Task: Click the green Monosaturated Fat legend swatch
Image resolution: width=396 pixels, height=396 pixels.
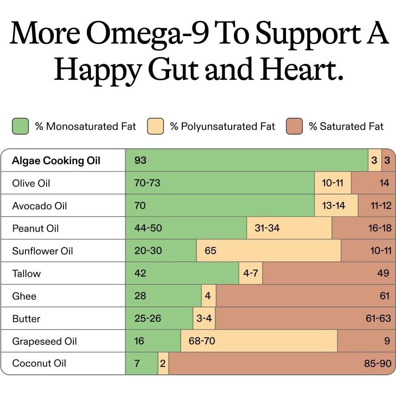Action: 20,126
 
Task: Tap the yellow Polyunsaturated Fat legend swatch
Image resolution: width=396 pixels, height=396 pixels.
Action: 155,126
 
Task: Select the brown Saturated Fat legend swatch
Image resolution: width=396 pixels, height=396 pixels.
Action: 294,126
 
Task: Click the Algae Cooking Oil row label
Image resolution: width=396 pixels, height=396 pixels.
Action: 56,161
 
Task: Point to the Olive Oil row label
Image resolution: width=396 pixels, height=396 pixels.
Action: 31,183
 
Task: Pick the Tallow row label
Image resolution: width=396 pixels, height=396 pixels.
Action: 26,273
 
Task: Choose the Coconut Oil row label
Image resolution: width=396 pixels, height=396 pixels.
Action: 39,363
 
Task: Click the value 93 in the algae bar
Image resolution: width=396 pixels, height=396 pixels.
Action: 141,161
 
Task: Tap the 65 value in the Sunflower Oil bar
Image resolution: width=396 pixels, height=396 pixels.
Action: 211,251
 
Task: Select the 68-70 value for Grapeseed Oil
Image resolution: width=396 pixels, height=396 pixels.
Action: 202,341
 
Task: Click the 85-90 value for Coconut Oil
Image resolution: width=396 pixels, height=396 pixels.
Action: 377,364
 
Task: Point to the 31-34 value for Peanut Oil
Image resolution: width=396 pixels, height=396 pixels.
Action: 267,228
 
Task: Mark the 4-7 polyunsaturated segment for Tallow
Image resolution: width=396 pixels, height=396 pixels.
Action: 251,273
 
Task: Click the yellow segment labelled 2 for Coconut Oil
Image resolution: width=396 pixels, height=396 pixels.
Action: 163,364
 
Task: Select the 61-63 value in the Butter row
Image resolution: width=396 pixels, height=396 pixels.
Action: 378,319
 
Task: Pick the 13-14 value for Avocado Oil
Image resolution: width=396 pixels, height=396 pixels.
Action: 333,206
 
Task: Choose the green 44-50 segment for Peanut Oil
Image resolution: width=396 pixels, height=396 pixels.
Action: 185,228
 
